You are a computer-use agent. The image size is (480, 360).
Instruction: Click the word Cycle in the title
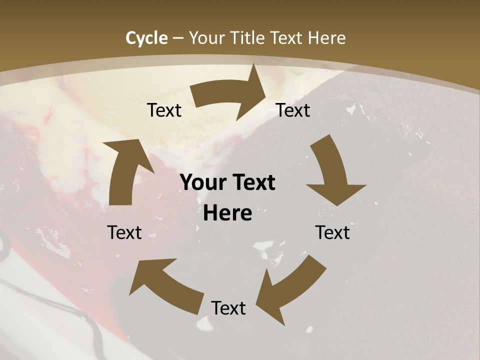tap(146, 38)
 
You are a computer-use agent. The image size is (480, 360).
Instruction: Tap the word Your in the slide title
tap(206, 38)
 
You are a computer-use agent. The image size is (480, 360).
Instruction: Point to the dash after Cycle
tap(178, 38)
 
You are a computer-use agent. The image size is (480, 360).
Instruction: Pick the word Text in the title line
tap(287, 38)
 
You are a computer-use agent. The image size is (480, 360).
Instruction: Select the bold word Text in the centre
tap(252, 183)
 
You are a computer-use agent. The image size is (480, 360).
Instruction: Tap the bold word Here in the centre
tap(227, 213)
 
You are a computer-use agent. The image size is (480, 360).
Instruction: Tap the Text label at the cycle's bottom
tap(228, 308)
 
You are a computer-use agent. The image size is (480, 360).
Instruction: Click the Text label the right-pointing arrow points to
tap(293, 110)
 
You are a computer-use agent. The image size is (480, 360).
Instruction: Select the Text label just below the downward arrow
tap(332, 232)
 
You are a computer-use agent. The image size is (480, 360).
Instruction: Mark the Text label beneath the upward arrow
tap(124, 232)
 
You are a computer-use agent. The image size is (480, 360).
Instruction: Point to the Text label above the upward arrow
tap(164, 110)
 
